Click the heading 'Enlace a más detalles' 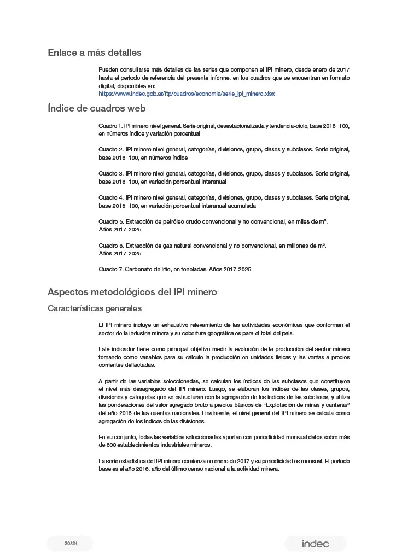click(94, 52)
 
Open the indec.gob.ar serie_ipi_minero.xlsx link click(187, 94)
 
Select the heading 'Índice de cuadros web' click(96, 108)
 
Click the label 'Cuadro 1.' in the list click(110, 126)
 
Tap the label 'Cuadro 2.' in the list click(110, 149)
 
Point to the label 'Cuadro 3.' click(110, 173)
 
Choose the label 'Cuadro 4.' click(110, 197)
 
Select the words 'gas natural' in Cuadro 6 click(179, 246)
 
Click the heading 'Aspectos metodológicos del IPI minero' click(132, 292)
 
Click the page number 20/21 click(70, 543)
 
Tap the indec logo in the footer click(315, 544)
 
